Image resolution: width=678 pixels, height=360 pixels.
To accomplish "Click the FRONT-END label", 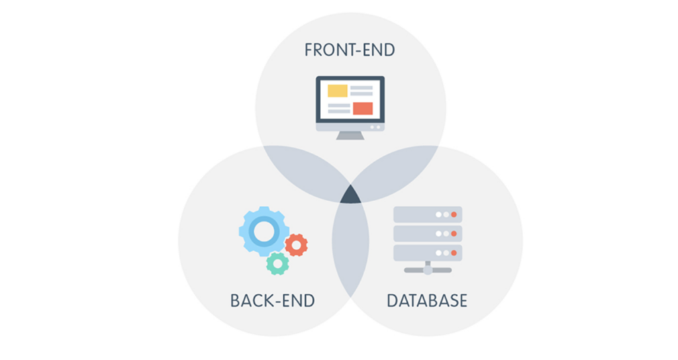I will pyautogui.click(x=350, y=50).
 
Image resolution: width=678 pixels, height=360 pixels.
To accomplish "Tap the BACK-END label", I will pyautogui.click(x=272, y=301).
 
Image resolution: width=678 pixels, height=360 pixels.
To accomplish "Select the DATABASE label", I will pyautogui.click(x=427, y=301).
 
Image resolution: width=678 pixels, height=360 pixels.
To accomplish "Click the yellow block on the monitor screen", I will pyautogui.click(x=338, y=91).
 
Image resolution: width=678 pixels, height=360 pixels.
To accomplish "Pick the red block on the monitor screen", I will pyautogui.click(x=363, y=108).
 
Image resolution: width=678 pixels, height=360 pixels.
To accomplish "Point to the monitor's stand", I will pyautogui.click(x=350, y=135).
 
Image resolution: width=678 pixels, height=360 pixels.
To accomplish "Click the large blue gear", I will pyautogui.click(x=264, y=231).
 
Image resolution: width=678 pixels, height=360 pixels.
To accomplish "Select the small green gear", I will pyautogui.click(x=277, y=263).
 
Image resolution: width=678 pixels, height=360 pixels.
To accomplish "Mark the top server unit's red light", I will pyautogui.click(x=454, y=214).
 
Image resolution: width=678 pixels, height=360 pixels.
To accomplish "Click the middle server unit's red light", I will pyautogui.click(x=454, y=234).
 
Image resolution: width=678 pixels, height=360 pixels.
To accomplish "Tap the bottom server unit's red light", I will pyautogui.click(x=454, y=253).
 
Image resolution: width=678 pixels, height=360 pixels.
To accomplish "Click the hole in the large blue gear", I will pyautogui.click(x=264, y=231).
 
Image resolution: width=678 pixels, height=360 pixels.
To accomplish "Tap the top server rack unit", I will pyautogui.click(x=428, y=214).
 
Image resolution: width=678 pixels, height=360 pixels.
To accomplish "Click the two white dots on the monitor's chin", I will pyautogui.click(x=375, y=126).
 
